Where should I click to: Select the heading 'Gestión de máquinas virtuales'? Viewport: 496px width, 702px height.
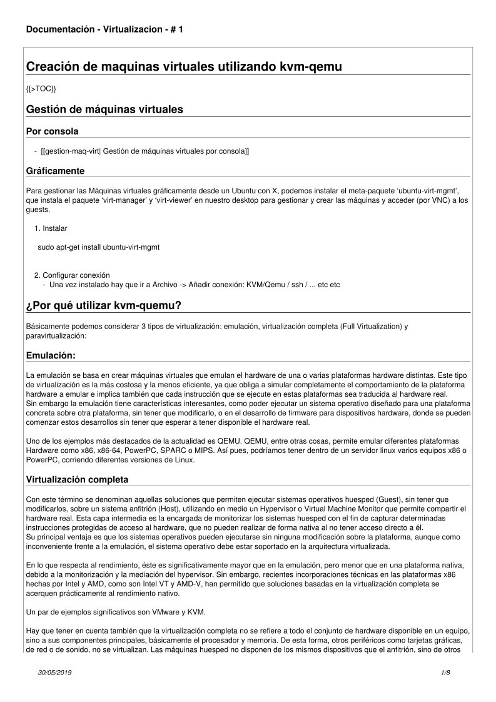tap(104, 109)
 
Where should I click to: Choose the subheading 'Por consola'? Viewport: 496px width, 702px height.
tap(52, 131)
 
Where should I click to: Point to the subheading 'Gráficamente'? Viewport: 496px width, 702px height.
tap(55, 171)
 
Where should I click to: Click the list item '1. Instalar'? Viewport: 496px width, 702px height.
tap(51, 228)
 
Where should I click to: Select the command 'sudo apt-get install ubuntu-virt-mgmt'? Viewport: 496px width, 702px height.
tap(98, 247)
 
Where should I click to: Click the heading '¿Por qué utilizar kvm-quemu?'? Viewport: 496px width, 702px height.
tap(104, 305)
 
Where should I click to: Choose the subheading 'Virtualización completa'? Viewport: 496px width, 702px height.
tap(78, 480)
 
